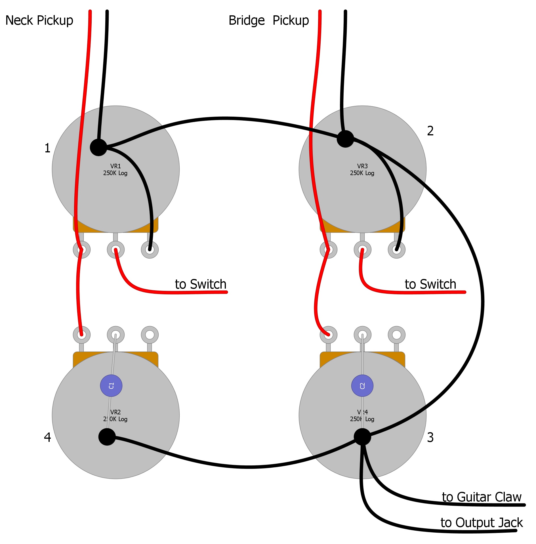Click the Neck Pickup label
click(x=39, y=20)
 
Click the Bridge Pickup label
click(x=269, y=20)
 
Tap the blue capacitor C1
click(x=111, y=386)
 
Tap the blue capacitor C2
click(x=362, y=386)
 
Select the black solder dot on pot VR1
click(x=98, y=147)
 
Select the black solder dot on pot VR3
click(x=345, y=139)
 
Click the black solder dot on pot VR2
click(x=107, y=437)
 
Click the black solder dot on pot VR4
click(x=362, y=437)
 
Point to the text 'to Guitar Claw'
click(x=482, y=497)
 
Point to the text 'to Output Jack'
click(x=482, y=523)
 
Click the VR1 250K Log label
click(x=115, y=170)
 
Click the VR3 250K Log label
click(x=362, y=170)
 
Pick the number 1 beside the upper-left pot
click(x=47, y=148)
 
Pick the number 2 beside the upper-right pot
click(x=430, y=131)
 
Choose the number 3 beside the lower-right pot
click(x=430, y=438)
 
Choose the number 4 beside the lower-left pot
click(x=47, y=437)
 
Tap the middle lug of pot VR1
click(x=116, y=250)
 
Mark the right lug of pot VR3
click(x=397, y=250)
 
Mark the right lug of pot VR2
click(x=150, y=335)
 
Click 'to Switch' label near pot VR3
click(x=430, y=284)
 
